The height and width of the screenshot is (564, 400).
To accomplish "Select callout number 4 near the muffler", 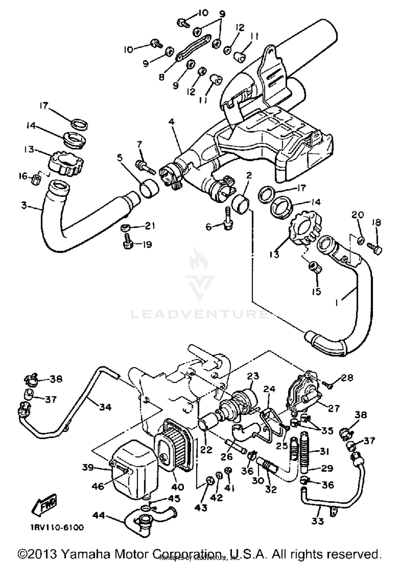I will coord(171,122).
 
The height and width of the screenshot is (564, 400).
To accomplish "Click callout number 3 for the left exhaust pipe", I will coord(24,205).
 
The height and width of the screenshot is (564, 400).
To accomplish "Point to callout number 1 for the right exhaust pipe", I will coord(337,303).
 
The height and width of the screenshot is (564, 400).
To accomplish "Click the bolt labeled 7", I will coord(146,167).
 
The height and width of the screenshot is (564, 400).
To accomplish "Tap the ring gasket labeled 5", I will coord(149,189).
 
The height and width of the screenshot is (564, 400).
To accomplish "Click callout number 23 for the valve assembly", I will coord(253,376).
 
